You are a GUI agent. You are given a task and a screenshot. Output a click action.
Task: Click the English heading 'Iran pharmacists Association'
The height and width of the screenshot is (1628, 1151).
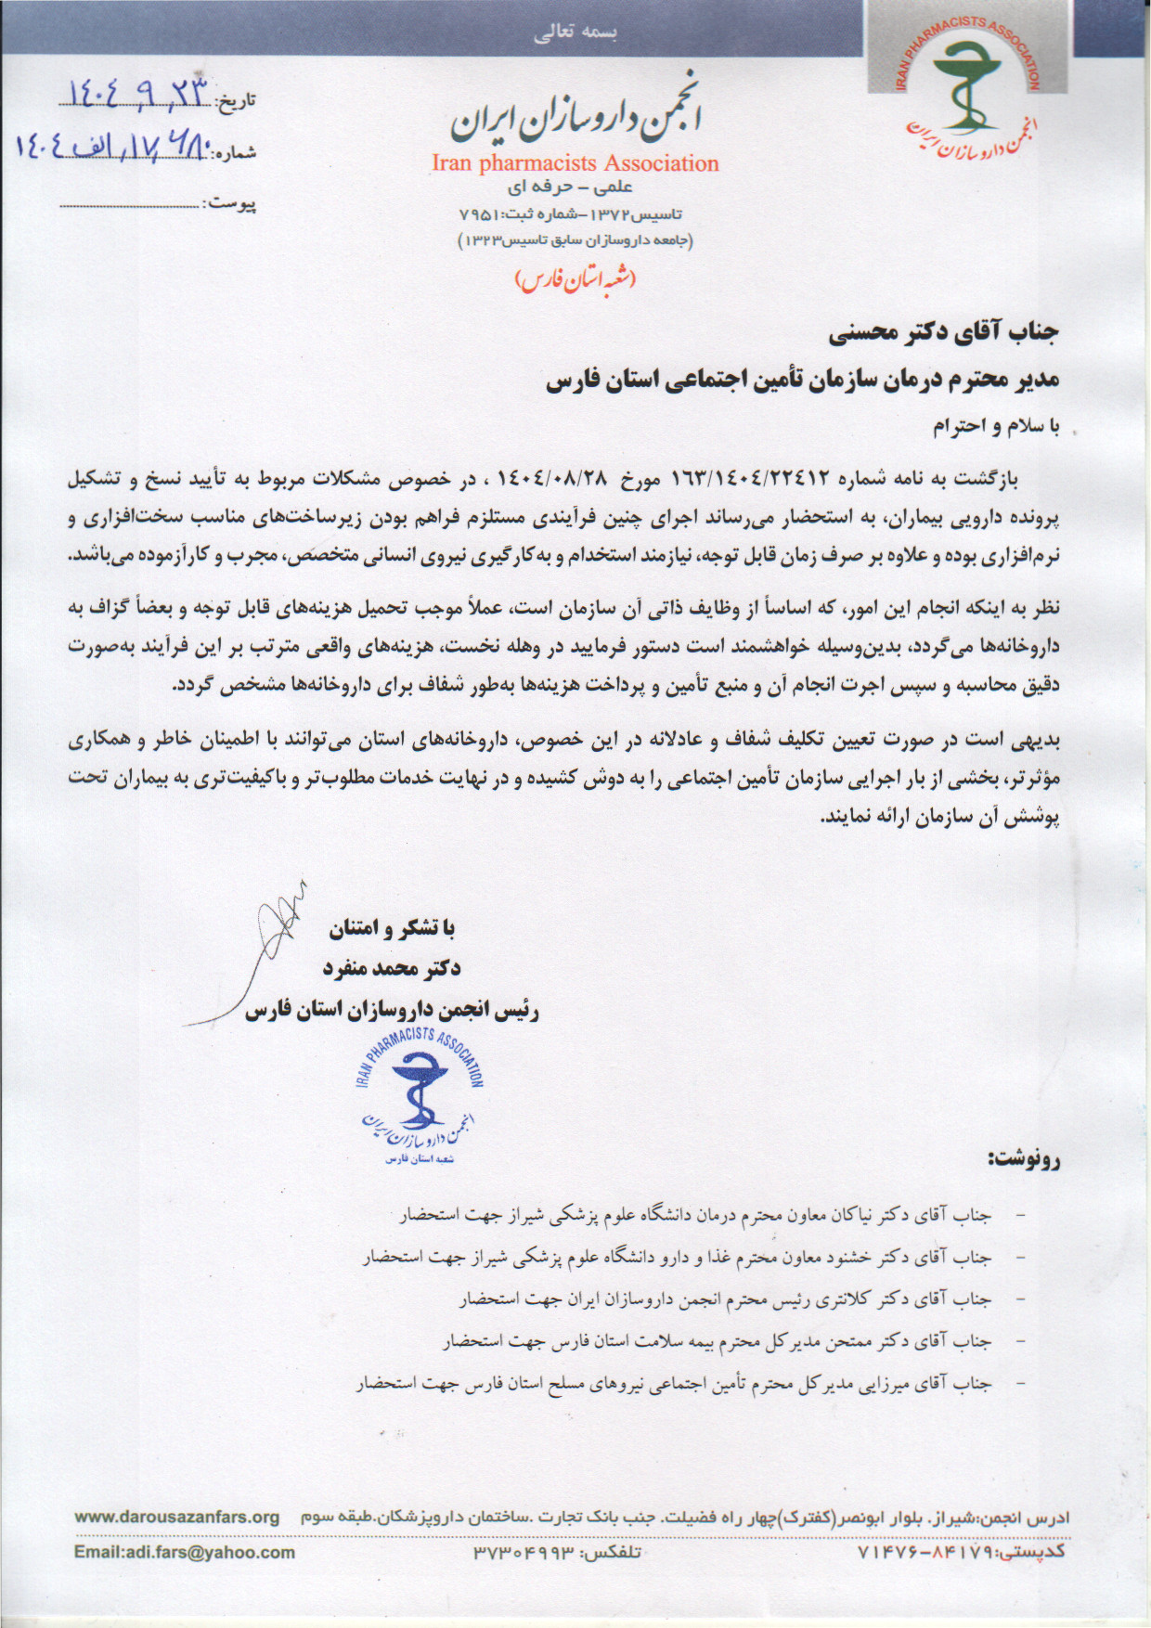coord(575,163)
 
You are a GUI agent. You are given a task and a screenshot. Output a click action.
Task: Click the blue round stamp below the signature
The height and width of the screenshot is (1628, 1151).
coord(420,1095)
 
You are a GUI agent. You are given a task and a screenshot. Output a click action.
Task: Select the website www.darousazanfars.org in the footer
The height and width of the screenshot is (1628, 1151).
coord(176,1517)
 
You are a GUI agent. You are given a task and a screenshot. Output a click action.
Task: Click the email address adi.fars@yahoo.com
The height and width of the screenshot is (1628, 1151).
coord(185,1552)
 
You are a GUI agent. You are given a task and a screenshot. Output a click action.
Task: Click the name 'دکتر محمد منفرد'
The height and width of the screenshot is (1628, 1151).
coord(391,969)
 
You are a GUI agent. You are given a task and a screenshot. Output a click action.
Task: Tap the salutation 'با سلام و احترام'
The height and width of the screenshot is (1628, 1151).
coord(994,427)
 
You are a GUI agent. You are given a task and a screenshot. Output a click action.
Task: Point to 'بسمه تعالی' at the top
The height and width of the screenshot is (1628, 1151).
coord(575,32)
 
